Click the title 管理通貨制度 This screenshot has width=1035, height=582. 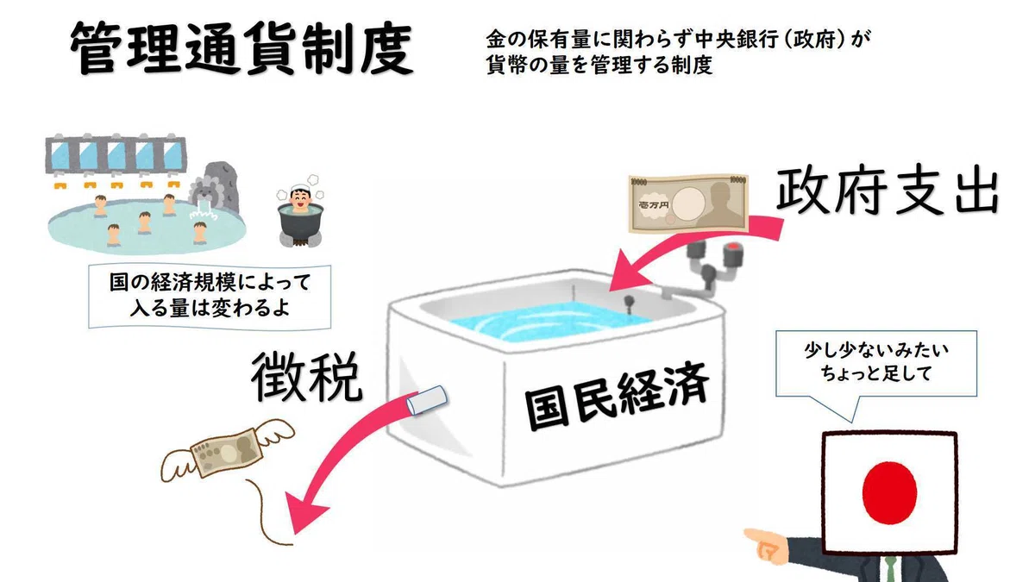(241, 48)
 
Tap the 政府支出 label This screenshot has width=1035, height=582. (888, 191)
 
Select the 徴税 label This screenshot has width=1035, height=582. (307, 377)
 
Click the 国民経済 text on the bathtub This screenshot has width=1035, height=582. (617, 396)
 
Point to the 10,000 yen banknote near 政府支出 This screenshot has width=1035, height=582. (688, 203)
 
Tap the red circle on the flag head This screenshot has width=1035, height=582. (889, 493)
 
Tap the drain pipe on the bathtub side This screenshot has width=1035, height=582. (426, 400)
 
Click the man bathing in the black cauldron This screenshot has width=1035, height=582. (301, 210)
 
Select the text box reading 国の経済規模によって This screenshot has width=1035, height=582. (210, 296)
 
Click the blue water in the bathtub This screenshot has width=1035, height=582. (545, 320)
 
